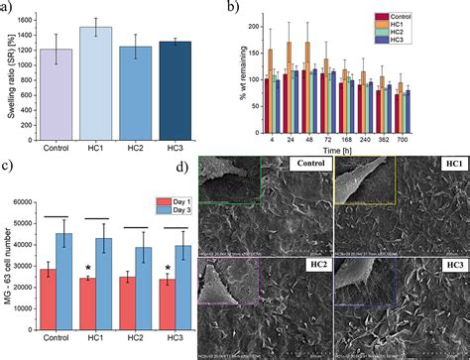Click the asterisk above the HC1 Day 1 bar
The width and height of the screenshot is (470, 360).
(89, 269)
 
